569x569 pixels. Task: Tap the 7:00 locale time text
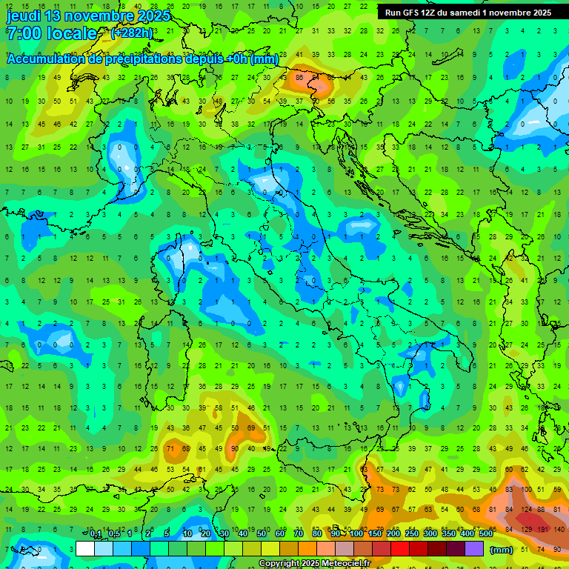point(52,34)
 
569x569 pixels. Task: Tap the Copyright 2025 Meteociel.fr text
point(314,564)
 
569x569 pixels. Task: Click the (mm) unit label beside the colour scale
point(502,550)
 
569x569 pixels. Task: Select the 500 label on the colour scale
point(485,533)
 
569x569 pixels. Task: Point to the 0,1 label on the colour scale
point(96,533)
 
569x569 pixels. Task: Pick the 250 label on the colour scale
point(411,533)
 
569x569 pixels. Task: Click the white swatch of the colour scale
point(85,549)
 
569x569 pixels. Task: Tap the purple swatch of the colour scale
point(474,549)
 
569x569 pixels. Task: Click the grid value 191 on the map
point(542,530)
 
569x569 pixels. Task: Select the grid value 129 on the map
point(527,530)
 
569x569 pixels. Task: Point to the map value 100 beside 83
point(527,489)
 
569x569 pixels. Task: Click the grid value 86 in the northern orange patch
point(299,76)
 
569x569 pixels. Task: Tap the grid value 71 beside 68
point(170,448)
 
